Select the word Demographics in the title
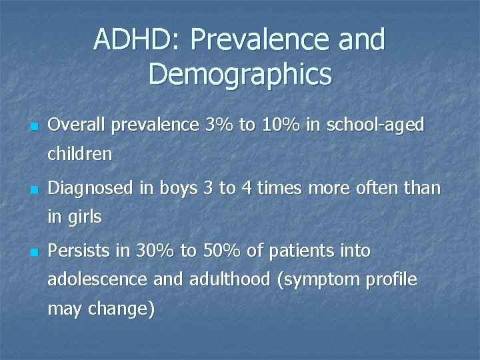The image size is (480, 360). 240,74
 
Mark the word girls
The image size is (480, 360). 84,217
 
